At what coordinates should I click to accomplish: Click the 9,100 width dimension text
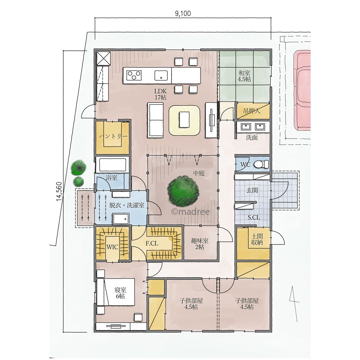(x=183, y=14)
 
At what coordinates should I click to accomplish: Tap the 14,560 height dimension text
(x=59, y=192)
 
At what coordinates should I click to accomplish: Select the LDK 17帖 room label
(x=161, y=94)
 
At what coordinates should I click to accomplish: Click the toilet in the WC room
(x=261, y=164)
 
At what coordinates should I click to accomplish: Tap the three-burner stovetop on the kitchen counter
(x=134, y=75)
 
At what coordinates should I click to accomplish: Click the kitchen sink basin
(x=161, y=75)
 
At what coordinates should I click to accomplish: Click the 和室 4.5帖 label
(x=244, y=76)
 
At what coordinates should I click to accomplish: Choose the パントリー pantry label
(x=113, y=136)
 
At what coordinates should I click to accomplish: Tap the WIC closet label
(x=112, y=247)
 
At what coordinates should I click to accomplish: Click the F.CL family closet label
(x=152, y=243)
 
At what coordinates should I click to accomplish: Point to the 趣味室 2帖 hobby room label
(x=200, y=244)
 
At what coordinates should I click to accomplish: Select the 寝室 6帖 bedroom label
(x=120, y=293)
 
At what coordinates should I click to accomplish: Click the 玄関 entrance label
(x=252, y=190)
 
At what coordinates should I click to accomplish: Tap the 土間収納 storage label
(x=257, y=239)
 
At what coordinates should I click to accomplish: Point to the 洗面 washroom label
(x=252, y=138)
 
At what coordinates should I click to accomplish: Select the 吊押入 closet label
(x=252, y=111)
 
